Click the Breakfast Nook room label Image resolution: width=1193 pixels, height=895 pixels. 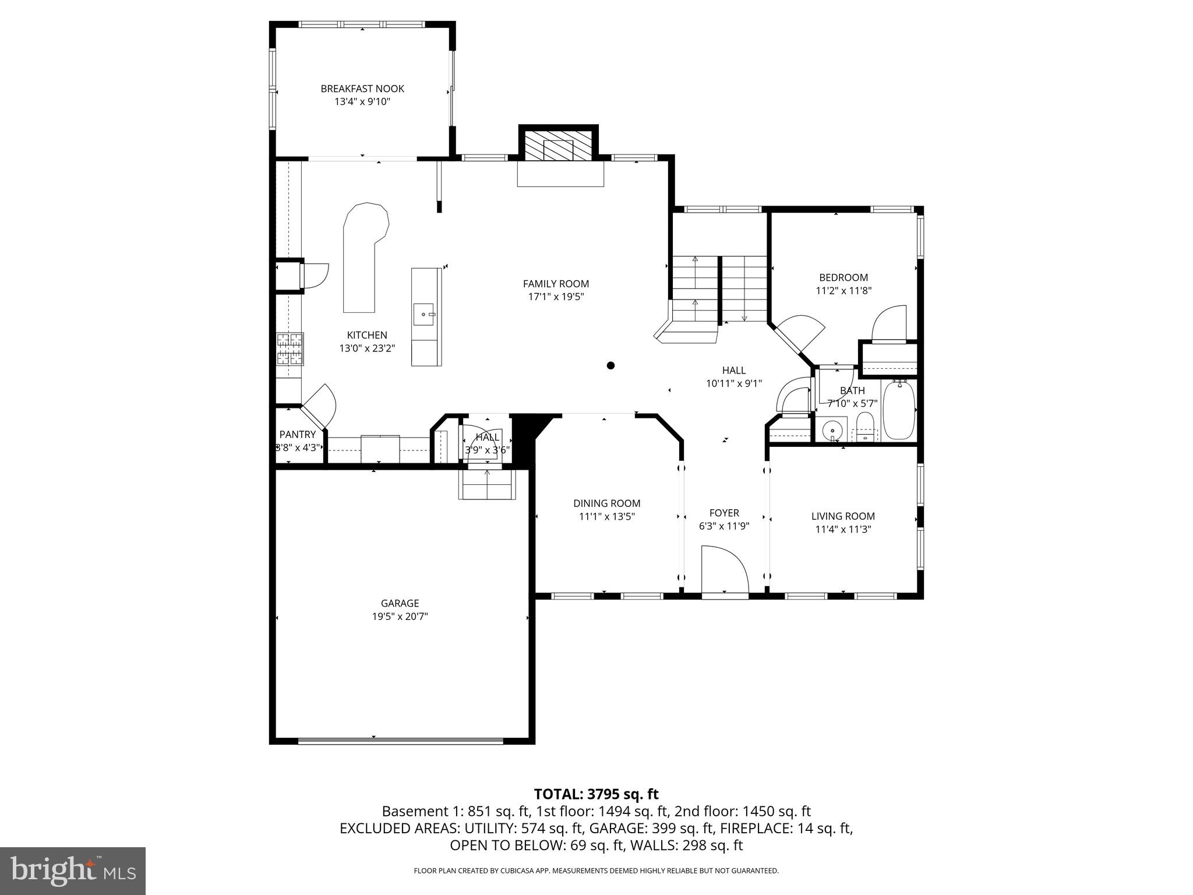coord(362,89)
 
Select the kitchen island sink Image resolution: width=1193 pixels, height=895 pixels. coord(425,314)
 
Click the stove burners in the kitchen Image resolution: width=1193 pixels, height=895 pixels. coord(290,348)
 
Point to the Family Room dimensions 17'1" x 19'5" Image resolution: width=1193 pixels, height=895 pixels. coord(556,297)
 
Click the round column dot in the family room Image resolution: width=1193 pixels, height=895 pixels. coord(610,365)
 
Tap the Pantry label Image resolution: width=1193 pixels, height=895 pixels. coord(297,434)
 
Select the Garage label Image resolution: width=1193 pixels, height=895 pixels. coord(400,603)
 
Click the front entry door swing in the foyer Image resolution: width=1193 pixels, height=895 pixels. coord(723,570)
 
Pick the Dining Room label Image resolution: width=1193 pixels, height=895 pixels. coord(606,503)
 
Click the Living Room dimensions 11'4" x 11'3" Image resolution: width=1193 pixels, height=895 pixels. coord(842,529)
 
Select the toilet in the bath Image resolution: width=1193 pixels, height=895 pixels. coord(865,427)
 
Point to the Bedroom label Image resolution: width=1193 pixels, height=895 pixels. coord(843,277)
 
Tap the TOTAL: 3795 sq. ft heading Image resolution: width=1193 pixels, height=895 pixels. coord(596,794)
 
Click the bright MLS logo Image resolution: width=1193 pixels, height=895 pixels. coord(73,871)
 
